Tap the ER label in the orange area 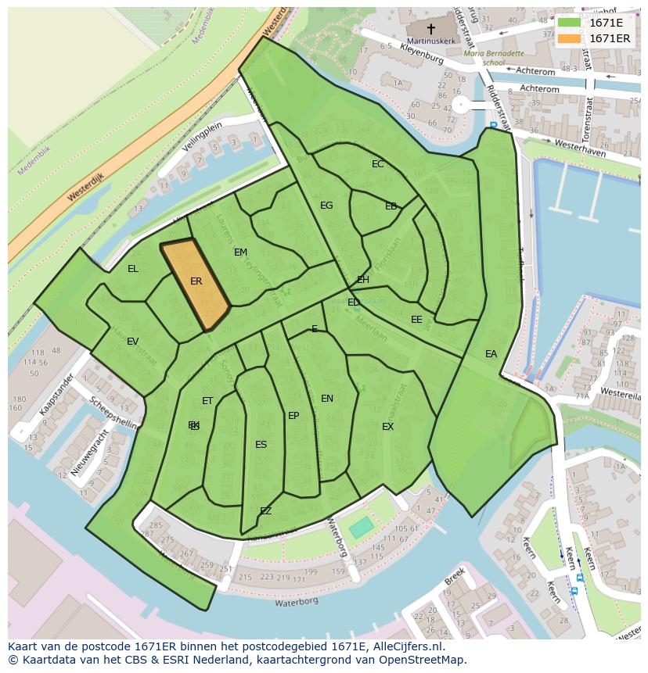196,281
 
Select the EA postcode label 491,354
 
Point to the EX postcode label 387,427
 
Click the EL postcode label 133,269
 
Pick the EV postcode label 132,342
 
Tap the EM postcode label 240,252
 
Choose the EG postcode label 326,206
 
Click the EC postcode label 378,164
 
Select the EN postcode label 327,399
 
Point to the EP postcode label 293,416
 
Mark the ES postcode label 261,445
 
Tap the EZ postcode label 265,511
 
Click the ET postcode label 207,401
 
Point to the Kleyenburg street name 421,54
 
